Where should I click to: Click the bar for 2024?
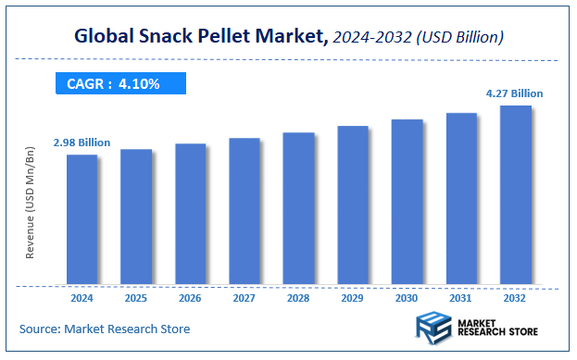82,219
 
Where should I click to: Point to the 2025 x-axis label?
136,299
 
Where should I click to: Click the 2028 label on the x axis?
298,299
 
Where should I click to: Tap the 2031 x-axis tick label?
461,299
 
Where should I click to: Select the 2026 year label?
190,299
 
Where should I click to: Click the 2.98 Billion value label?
82,143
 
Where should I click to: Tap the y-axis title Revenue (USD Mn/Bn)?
30,214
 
